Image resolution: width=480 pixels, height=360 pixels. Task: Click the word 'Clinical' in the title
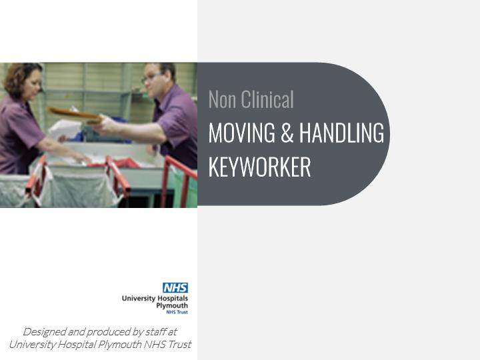[x=267, y=99]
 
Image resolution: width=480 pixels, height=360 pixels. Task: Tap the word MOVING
[x=242, y=133]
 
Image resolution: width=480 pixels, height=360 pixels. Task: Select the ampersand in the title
[x=287, y=133]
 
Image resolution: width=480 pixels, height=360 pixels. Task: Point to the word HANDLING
[x=341, y=133]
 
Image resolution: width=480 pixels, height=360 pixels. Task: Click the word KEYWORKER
[x=259, y=167]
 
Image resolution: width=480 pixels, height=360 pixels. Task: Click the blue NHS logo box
[x=175, y=288]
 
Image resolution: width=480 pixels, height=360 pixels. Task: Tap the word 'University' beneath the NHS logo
[x=139, y=299]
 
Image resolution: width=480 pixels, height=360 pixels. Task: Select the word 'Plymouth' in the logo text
[x=172, y=305]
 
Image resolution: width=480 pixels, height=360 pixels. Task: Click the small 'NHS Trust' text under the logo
[x=177, y=312]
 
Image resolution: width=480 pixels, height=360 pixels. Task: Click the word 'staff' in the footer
[x=155, y=331]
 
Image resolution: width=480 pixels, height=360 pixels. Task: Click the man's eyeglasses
[x=152, y=77]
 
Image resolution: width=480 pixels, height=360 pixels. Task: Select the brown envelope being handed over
[x=75, y=115]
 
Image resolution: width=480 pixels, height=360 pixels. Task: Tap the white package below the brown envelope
[x=65, y=129]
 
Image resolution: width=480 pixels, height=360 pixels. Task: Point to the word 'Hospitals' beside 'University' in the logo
[x=173, y=299]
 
